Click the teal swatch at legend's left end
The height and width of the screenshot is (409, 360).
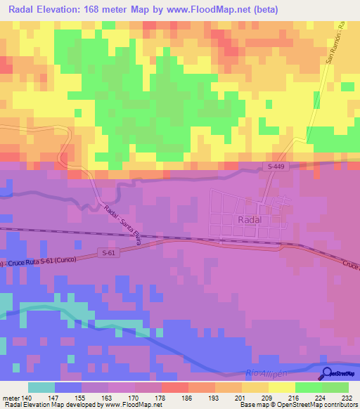tap(41, 387)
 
